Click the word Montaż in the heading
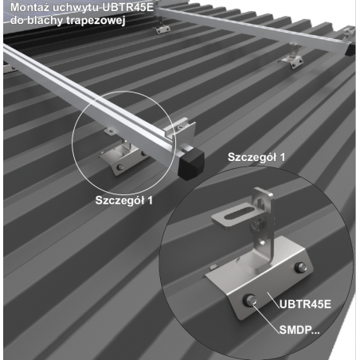pyautogui.click(x=29, y=7)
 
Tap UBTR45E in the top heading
pyautogui.click(x=128, y=7)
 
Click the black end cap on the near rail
pyautogui.click(x=191, y=163)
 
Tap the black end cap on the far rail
pyautogui.click(x=350, y=49)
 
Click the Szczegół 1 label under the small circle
pyautogui.click(x=124, y=200)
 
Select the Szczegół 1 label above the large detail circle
pyautogui.click(x=256, y=157)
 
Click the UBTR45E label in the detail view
pyautogui.click(x=305, y=304)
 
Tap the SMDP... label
pyautogui.click(x=299, y=330)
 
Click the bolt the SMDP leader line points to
pyautogui.click(x=250, y=300)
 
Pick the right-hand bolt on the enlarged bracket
pyautogui.click(x=301, y=267)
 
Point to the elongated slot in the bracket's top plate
pyautogui.click(x=238, y=213)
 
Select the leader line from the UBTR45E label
pyautogui.click(x=273, y=300)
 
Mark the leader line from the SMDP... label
pyautogui.click(x=266, y=318)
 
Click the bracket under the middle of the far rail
pyautogui.click(x=292, y=58)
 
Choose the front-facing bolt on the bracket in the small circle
pyautogui.click(x=120, y=167)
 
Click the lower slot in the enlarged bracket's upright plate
pyautogui.click(x=263, y=241)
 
